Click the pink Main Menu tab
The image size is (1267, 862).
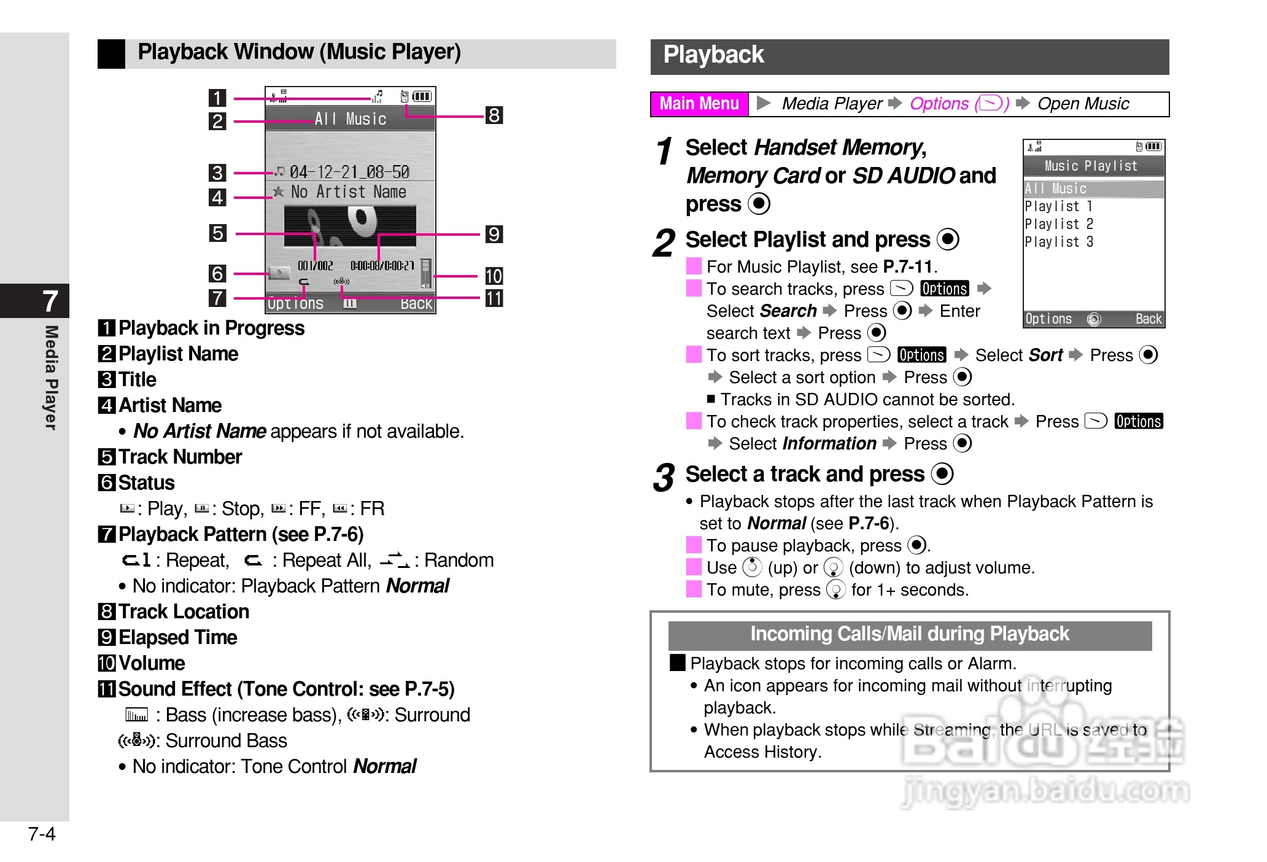tap(699, 104)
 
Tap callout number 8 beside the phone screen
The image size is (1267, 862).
tap(494, 115)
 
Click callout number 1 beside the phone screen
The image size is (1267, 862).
tap(217, 98)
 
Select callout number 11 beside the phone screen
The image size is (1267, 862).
tap(494, 298)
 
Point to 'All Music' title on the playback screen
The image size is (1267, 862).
tap(351, 119)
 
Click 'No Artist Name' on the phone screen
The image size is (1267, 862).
tap(348, 192)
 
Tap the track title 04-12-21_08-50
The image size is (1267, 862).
tap(349, 172)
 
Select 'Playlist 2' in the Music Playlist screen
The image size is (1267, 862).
tap(1059, 224)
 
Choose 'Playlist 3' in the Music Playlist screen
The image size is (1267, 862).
tap(1059, 242)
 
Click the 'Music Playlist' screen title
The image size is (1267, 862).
tap(1091, 166)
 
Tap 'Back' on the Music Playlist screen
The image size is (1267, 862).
tap(1148, 319)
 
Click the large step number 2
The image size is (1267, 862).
tap(664, 243)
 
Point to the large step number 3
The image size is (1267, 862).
tap(664, 478)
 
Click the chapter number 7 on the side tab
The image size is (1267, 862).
tap(50, 301)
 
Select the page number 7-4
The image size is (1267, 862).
tap(42, 834)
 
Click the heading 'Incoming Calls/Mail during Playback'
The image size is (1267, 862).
tap(910, 634)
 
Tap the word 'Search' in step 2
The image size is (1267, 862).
tap(788, 311)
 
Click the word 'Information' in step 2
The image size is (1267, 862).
tap(829, 444)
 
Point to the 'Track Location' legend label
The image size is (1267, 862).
tap(184, 612)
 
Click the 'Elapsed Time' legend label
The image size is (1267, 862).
tap(177, 638)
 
